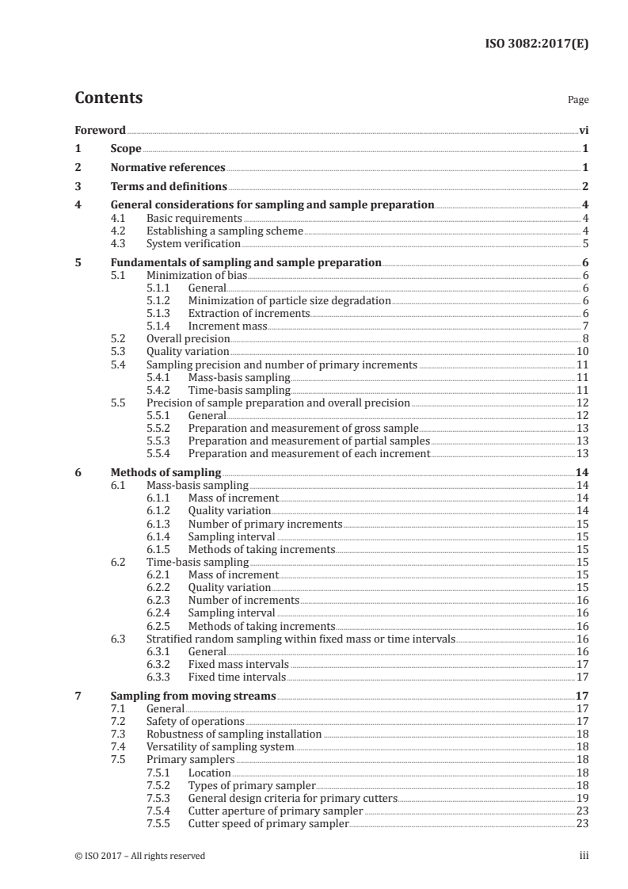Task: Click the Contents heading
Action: tap(108, 98)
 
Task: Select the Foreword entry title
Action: tap(100, 129)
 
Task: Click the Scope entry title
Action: tap(126, 148)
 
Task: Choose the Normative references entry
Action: tap(168, 168)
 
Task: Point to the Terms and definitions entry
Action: tap(169, 187)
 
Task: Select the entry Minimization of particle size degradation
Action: tap(289, 300)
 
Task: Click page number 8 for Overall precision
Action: tap(584, 338)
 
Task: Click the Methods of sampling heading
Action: tap(166, 472)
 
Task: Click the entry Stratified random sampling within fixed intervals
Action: tap(301, 639)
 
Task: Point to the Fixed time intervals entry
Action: tap(236, 677)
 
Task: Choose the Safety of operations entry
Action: tap(195, 721)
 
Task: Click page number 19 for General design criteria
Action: tap(582, 798)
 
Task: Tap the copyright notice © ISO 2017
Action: tap(139, 856)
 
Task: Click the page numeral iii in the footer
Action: tap(584, 856)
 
